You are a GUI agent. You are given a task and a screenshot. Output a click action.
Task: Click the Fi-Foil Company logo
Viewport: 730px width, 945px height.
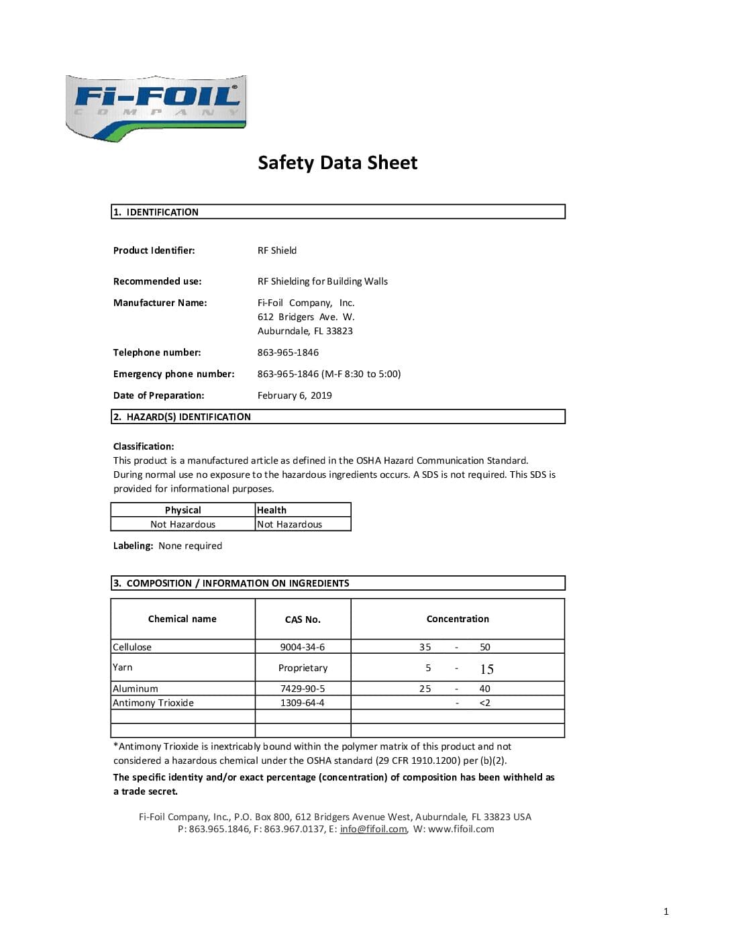tap(156, 107)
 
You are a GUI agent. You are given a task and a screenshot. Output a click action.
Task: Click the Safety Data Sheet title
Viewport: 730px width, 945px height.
tap(337, 162)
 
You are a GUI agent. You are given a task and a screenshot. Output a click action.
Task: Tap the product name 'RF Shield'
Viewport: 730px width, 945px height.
tap(276, 250)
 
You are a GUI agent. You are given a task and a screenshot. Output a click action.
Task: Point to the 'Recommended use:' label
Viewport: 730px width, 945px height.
tap(157, 281)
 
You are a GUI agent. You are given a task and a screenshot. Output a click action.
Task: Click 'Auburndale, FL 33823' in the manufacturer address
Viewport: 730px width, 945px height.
tap(305, 331)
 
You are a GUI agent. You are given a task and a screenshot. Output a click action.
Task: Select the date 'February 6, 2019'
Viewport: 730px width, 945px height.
tap(294, 395)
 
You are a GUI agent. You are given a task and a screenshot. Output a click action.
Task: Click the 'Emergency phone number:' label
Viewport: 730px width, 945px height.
tap(174, 374)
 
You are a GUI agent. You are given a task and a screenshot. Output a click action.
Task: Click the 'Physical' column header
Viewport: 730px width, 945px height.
tap(182, 510)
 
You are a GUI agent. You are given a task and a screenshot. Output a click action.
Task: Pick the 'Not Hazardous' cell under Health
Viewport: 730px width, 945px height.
tap(289, 524)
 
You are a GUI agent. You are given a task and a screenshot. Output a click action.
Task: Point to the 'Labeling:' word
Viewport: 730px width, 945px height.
tap(133, 546)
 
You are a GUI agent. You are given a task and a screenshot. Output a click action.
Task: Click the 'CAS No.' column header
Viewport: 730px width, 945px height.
tap(303, 619)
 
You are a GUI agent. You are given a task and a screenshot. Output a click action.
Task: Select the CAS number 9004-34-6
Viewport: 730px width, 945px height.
tap(302, 647)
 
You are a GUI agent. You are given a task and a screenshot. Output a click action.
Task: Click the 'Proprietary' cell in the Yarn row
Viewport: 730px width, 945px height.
tap(303, 668)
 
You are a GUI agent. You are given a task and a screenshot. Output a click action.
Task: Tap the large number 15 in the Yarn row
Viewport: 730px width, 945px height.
tap(486, 669)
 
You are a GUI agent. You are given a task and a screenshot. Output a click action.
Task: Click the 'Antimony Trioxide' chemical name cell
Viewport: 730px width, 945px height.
tap(153, 703)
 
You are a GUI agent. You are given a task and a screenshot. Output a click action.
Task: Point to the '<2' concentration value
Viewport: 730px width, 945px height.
tap(484, 703)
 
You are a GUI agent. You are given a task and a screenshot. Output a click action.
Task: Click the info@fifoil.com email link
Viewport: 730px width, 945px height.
tap(373, 829)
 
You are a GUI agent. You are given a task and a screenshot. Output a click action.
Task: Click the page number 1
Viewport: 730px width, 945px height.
tap(666, 911)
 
